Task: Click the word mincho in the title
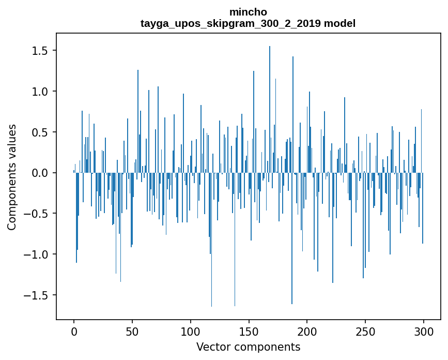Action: point(248,12)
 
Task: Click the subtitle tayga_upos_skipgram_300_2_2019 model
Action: point(248,23)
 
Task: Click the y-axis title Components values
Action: point(12,177)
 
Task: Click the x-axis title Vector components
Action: point(248,347)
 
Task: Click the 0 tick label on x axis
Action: point(74,331)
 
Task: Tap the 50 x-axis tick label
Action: point(132,331)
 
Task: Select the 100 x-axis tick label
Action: point(191,331)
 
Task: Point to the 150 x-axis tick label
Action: point(249,331)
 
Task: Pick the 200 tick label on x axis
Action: point(307,331)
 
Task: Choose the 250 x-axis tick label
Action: point(365,331)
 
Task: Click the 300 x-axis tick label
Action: point(424,331)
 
